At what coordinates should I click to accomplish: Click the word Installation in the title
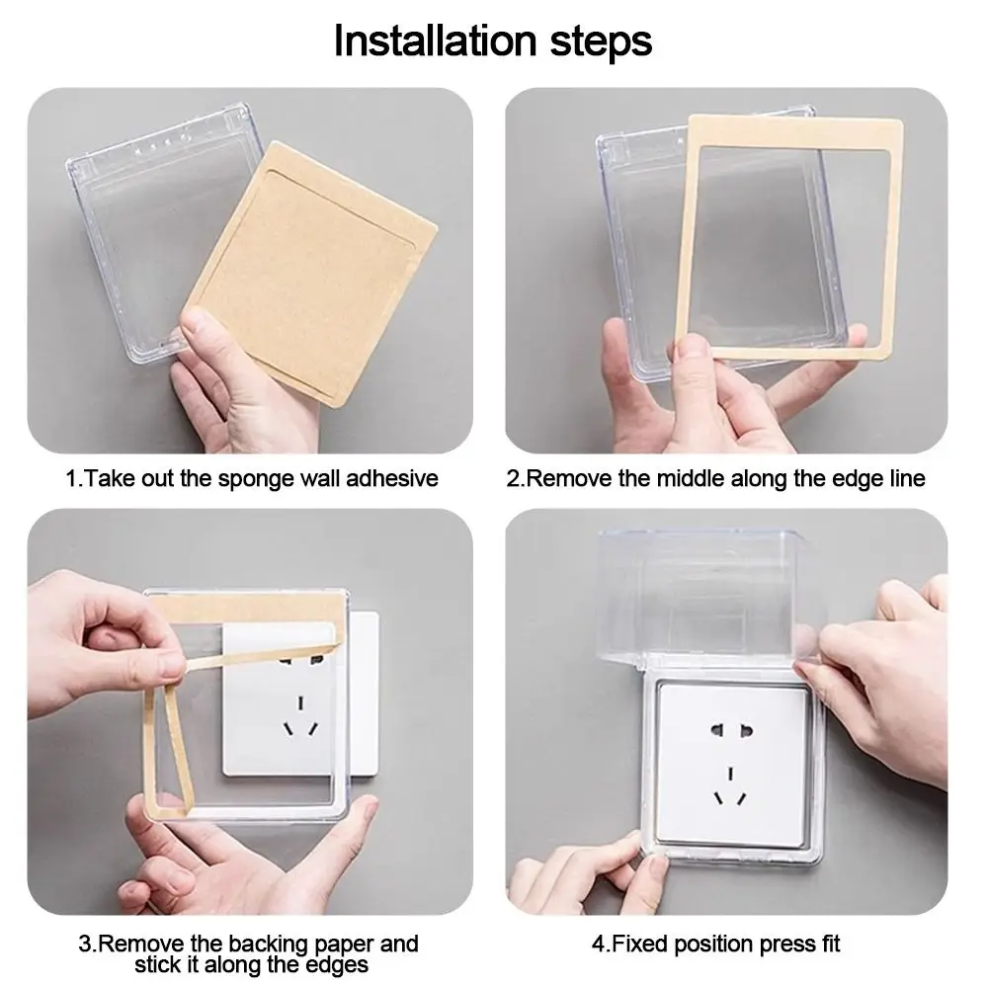click(436, 41)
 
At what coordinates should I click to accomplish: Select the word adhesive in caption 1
click(392, 478)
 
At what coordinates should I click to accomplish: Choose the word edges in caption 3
click(337, 965)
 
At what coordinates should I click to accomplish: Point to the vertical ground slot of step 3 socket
click(301, 701)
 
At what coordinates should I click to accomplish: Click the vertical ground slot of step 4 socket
click(731, 773)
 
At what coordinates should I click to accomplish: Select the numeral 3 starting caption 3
click(85, 945)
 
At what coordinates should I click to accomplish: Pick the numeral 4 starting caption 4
click(599, 945)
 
